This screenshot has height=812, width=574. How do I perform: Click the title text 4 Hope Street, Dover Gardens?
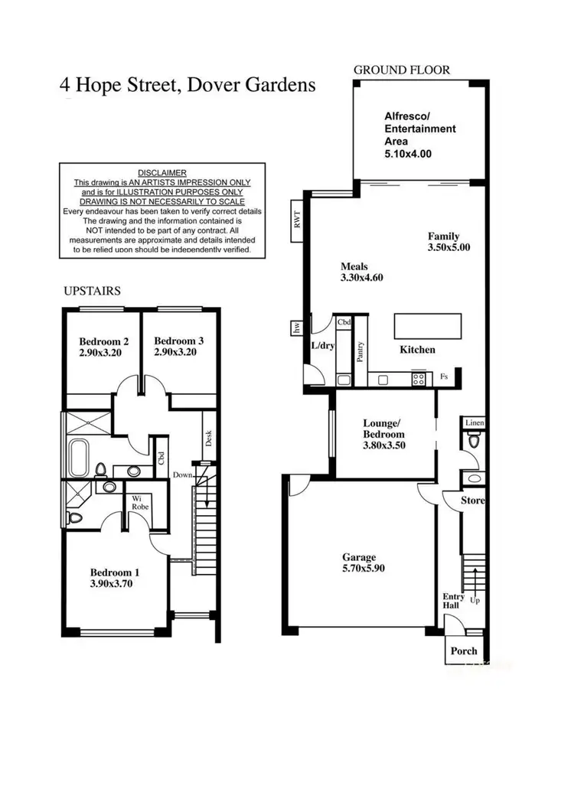point(188,84)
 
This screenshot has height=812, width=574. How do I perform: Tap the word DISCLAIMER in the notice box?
point(162,173)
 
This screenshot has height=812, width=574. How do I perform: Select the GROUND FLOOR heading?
point(402,70)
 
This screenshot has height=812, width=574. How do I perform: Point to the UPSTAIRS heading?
point(91,292)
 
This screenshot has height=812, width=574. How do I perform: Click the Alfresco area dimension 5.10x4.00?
point(408,153)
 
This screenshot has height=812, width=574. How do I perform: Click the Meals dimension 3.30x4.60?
point(361,278)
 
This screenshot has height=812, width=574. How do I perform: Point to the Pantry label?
point(360,352)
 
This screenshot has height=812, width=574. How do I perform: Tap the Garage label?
point(360,558)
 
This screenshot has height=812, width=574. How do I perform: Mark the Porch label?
point(464,651)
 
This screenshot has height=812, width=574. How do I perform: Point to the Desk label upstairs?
point(207,437)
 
